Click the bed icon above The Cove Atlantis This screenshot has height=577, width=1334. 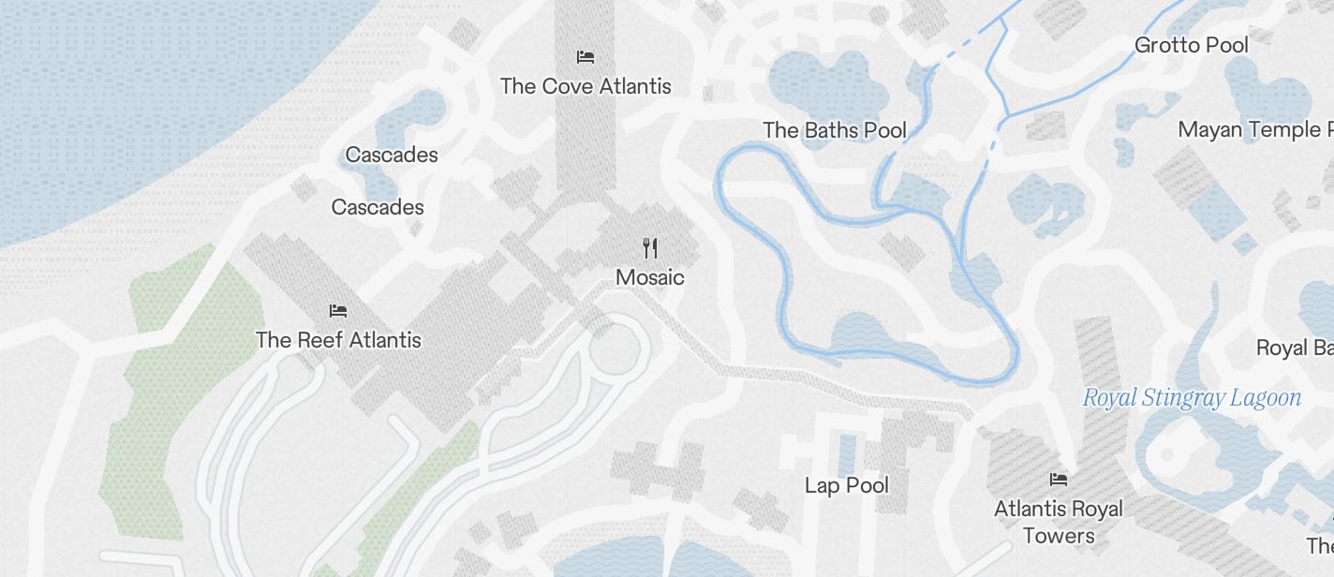click(x=585, y=57)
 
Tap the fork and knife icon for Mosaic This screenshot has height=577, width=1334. click(x=650, y=248)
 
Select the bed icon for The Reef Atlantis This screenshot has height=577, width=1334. click(x=338, y=310)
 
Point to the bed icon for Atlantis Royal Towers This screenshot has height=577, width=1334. click(x=1059, y=480)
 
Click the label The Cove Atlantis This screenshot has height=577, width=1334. click(x=585, y=86)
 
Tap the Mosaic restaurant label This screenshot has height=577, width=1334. click(x=650, y=277)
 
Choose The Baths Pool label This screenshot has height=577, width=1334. click(x=835, y=130)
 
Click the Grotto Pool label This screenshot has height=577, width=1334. click(x=1192, y=45)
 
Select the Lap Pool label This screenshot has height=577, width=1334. click(x=847, y=485)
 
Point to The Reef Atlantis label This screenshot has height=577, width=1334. click(x=338, y=340)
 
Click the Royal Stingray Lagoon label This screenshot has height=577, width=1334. click(x=1192, y=398)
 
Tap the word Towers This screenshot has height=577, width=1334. click(x=1059, y=536)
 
